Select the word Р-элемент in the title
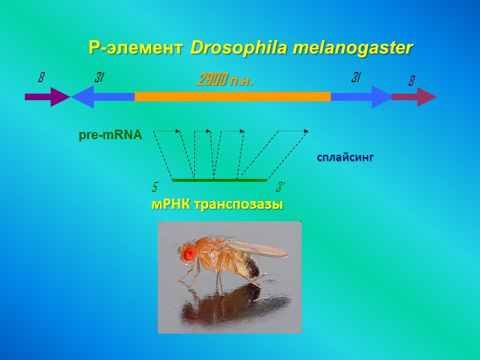coord(136,47)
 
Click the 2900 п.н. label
coord(226,80)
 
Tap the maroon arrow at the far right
coord(414,97)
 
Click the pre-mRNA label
coord(110,136)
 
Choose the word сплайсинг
coord(346,157)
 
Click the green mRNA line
coord(219,179)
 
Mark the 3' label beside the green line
coord(280,187)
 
